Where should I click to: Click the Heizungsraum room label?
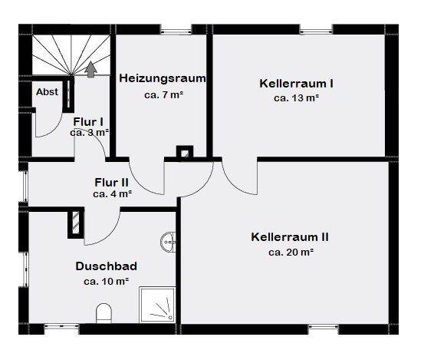tap(163, 78)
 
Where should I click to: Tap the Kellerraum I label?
tap(295, 83)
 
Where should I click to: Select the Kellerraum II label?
tap(291, 236)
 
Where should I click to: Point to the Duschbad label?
tap(106, 266)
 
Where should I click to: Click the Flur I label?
tap(88, 121)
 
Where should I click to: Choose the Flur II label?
tap(110, 183)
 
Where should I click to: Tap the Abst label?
tap(47, 92)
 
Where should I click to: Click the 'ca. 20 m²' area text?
tap(291, 252)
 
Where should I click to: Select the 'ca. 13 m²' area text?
tap(295, 98)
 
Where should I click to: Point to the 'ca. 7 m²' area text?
tap(163, 96)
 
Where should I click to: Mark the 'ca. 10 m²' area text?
tap(106, 282)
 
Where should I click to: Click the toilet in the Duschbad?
tap(105, 313)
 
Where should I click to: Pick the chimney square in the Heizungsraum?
tap(184, 152)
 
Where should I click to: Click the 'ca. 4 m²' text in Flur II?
tap(110, 194)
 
